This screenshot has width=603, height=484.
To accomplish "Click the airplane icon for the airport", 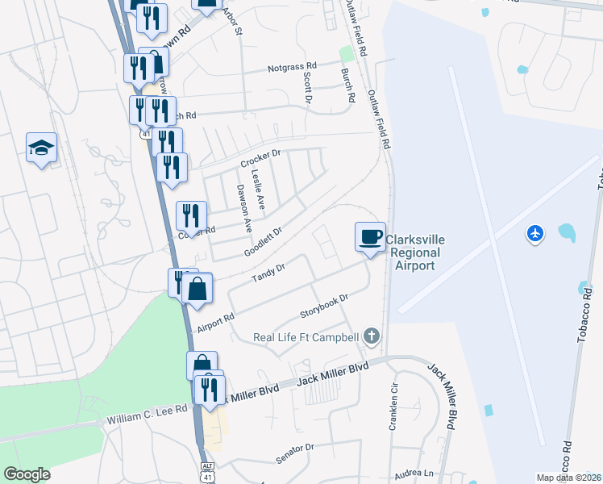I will (x=534, y=233).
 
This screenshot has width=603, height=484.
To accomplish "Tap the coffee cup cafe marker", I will (x=370, y=237).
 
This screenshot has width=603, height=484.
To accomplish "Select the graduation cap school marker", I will (x=41, y=148).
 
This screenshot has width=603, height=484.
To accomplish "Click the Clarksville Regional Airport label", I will (x=414, y=252).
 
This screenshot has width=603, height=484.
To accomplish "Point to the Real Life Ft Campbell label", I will (x=306, y=337).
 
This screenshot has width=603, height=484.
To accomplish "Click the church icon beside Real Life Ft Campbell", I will (x=371, y=335).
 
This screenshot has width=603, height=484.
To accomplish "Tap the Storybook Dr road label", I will (x=323, y=304).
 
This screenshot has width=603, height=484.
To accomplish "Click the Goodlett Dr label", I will (x=264, y=242).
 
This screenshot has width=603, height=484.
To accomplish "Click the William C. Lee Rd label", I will (x=147, y=415).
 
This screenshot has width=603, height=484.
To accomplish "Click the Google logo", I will (x=27, y=474).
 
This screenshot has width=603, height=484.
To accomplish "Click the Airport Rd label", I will (x=215, y=323).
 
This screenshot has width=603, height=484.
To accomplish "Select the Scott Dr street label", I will (x=307, y=87).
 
